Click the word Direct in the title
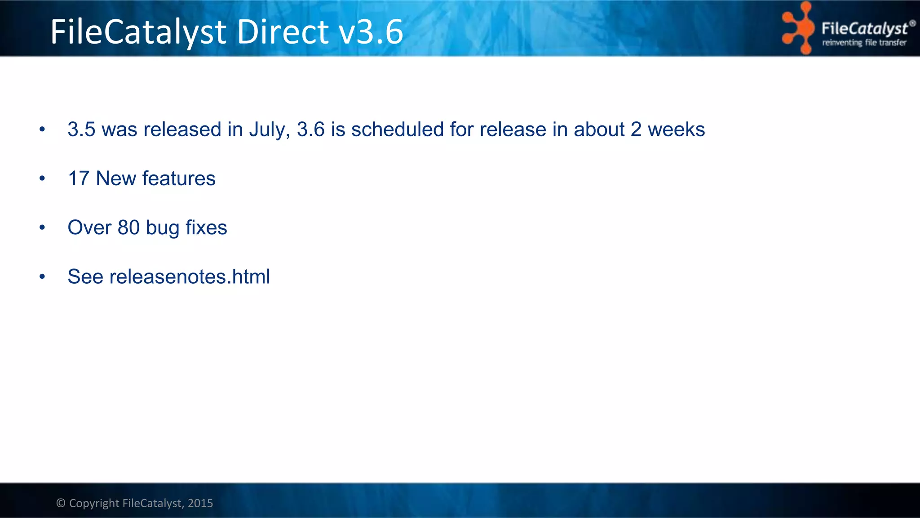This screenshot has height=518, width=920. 283,32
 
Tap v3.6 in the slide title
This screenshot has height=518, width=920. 371,32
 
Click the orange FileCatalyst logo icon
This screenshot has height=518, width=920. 798,28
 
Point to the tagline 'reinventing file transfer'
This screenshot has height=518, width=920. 864,43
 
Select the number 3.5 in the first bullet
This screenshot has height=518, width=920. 81,129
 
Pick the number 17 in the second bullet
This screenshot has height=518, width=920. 79,179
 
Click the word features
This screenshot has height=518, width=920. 179,179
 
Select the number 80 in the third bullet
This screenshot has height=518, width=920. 128,228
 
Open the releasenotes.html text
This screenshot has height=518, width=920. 190,277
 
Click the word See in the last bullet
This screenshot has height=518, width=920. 85,277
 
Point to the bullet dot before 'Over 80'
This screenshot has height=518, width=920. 42,228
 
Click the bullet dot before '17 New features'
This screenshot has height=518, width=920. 42,179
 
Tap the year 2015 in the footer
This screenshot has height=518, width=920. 200,503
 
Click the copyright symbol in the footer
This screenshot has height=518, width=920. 61,503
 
